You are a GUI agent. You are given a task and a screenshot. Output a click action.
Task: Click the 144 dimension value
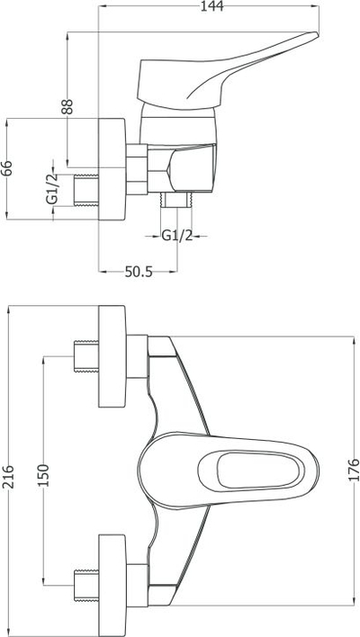click(212, 6)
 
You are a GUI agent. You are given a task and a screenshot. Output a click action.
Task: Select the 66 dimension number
click(7, 168)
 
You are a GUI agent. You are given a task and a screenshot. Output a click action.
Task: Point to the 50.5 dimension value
click(139, 272)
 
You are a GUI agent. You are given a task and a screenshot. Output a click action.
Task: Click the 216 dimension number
click(7, 477)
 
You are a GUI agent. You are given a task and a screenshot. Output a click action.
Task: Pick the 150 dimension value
click(42, 475)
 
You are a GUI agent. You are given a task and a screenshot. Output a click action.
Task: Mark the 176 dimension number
click(354, 470)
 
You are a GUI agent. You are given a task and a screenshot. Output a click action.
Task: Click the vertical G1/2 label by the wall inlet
click(51, 189)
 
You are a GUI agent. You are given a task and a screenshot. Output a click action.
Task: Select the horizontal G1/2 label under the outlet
click(177, 236)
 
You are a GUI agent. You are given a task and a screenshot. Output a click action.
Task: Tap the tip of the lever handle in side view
click(317, 34)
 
